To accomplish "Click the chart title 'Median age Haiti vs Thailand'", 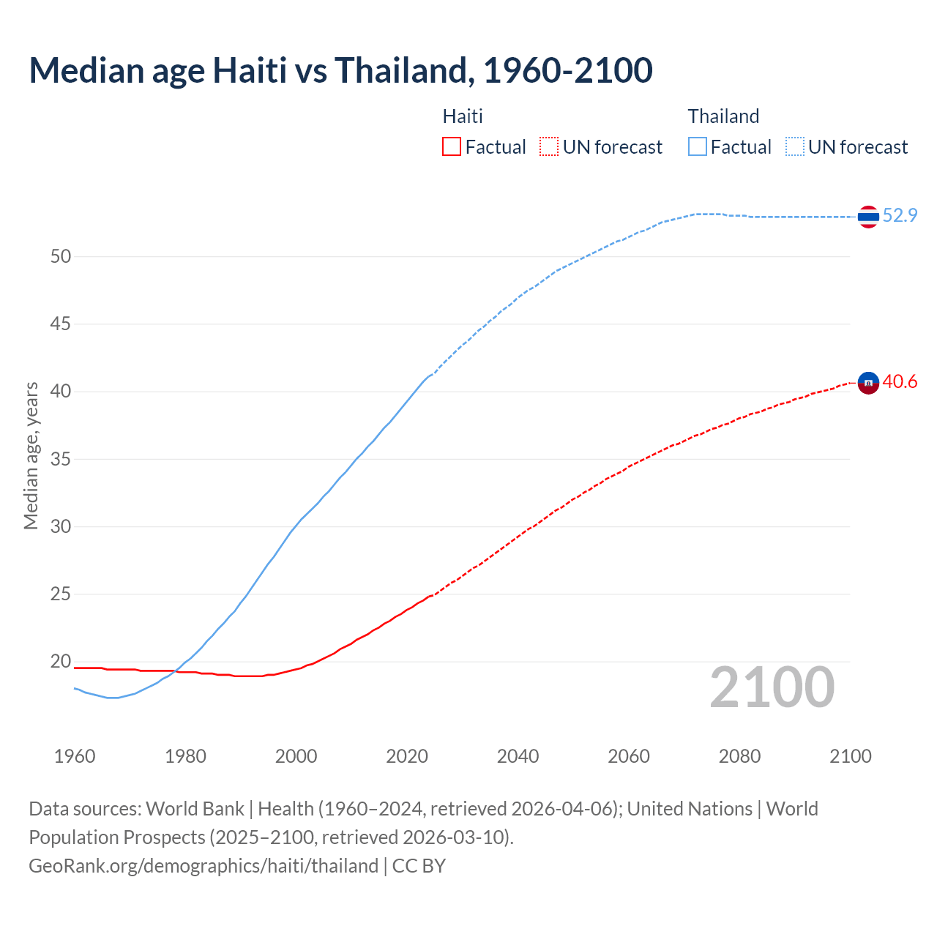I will (340, 70).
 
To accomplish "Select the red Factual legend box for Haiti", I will (452, 146).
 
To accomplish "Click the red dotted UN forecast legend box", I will (549, 146).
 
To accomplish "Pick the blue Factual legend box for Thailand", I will (698, 146).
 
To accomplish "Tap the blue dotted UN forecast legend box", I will (795, 146).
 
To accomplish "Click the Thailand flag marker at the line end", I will (868, 217).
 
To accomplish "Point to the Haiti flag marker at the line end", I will (868, 383).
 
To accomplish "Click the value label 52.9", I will (900, 215).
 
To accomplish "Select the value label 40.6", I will (900, 381).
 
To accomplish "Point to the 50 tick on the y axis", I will (61, 256).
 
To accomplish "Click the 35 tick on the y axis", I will (61, 459).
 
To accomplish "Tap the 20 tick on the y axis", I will (61, 662).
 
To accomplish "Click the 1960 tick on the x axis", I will (75, 756).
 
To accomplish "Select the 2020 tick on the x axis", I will (407, 756).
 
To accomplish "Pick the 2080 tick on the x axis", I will (739, 756).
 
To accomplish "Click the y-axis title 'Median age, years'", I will (31, 455).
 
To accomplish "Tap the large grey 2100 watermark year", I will (772, 687).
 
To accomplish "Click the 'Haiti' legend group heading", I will (463, 116).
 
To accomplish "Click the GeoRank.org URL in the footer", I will (204, 866).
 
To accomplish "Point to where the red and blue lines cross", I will (176, 671).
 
